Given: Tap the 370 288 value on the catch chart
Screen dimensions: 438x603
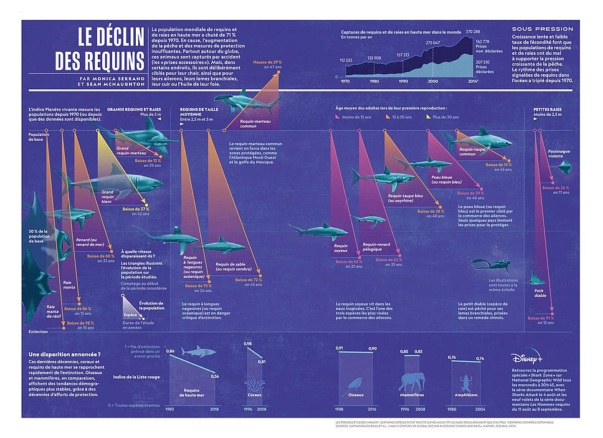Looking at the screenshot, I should tap(472, 31).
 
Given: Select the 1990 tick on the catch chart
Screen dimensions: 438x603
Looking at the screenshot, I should tap(403, 81).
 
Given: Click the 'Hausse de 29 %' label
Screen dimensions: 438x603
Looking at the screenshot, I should tap(267, 62).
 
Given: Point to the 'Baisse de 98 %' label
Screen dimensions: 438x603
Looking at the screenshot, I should tap(80, 323).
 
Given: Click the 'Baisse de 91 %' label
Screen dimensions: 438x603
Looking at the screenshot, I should tap(541, 318).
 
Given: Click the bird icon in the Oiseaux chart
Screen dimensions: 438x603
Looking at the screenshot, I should tap(356, 385).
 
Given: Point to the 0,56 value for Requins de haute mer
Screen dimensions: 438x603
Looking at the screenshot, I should tap(215, 376).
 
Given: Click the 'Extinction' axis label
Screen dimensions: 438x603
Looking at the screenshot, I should tap(38, 331).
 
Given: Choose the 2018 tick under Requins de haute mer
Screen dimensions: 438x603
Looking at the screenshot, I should tap(214, 409).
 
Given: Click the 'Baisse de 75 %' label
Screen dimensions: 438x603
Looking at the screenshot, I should tap(199, 285).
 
